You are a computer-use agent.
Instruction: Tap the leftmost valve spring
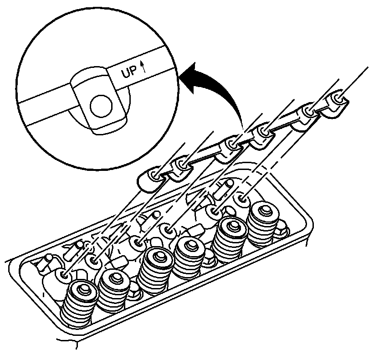pyautogui.click(x=78, y=303)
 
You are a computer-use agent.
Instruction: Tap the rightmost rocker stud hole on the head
pyautogui.click(x=242, y=199)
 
